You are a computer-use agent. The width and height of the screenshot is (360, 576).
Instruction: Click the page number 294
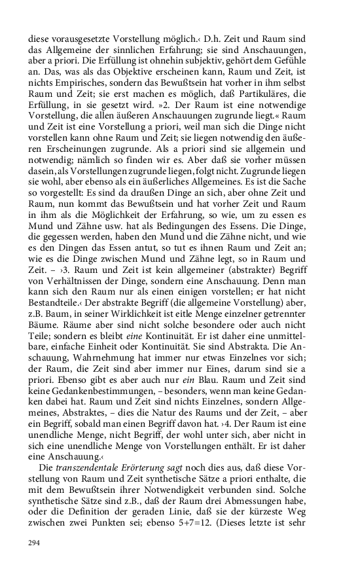click(35, 543)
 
